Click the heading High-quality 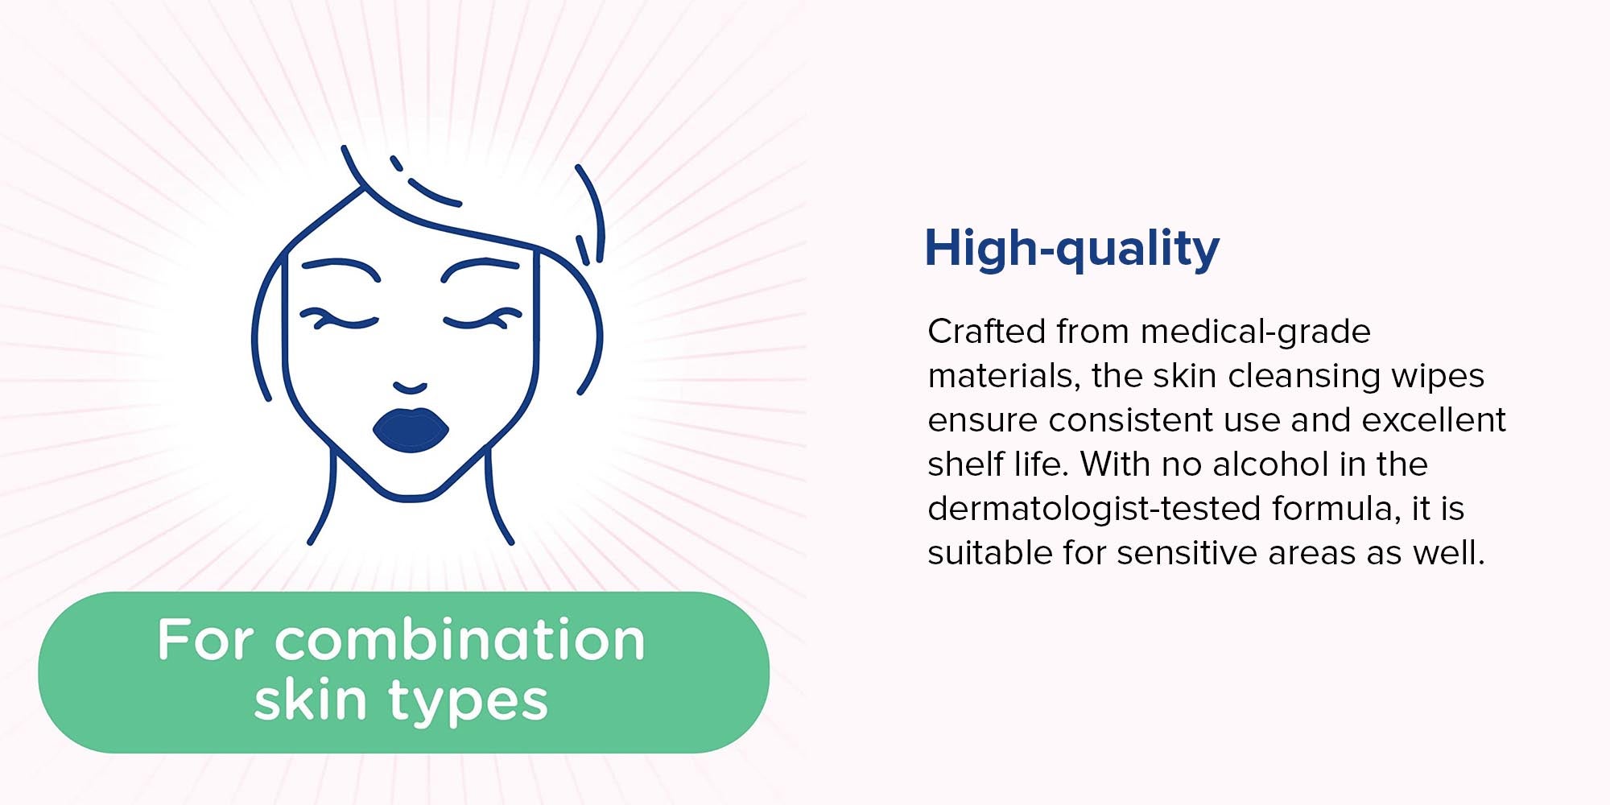(1071, 249)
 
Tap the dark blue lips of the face (411, 429)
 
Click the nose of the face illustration (411, 388)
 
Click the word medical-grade (1255, 332)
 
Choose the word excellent (1434, 419)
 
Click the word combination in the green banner (460, 641)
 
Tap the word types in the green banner (469, 702)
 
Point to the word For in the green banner (206, 641)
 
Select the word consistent (1131, 420)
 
